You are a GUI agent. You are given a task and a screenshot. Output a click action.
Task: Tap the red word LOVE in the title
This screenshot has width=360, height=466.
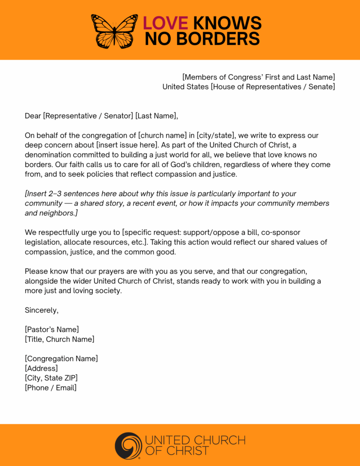tap(165, 23)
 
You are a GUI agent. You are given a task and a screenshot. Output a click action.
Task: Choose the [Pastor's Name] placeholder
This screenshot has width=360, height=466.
tap(52, 329)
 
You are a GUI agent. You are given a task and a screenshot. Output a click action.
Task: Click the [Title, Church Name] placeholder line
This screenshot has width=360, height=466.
tap(60, 339)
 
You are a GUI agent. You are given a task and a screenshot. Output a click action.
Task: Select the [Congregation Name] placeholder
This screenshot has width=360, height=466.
tap(61, 359)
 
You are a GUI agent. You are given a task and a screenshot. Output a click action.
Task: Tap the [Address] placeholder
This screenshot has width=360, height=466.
tap(41, 368)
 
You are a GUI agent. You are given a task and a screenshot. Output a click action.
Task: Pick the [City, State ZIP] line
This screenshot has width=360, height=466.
tap(51, 378)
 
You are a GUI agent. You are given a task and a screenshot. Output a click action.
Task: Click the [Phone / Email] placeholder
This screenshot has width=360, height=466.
tap(51, 388)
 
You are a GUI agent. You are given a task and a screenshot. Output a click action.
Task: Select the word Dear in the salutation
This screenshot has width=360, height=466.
tap(33, 116)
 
